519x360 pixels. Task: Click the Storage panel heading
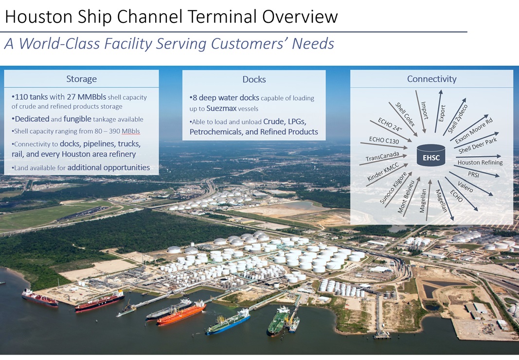click(x=81, y=79)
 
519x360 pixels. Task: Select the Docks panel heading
click(x=254, y=79)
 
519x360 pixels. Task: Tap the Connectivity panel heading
click(x=431, y=79)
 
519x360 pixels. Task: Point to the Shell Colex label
click(x=405, y=115)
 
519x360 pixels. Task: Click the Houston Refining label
click(x=480, y=162)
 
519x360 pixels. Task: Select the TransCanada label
click(x=382, y=157)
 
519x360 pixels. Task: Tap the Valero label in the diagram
click(x=465, y=186)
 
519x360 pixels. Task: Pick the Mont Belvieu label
click(x=406, y=196)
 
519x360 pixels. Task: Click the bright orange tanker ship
click(x=181, y=312)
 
